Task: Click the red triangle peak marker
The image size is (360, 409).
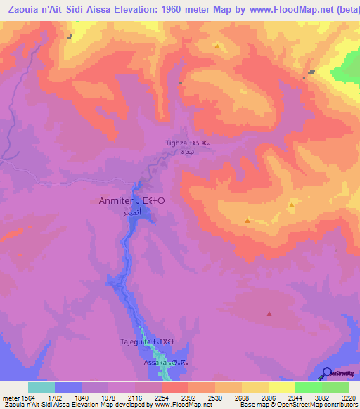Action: point(268,316)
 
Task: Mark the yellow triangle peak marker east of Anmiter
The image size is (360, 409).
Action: point(291,205)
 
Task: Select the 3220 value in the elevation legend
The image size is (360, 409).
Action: point(349,398)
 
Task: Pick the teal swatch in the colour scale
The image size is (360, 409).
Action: point(41,387)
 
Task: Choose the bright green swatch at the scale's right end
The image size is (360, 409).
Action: point(335,387)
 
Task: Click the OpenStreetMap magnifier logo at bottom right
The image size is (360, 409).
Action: point(326,373)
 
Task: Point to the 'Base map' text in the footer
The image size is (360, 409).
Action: point(252,405)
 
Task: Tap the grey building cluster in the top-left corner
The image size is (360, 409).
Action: point(70,36)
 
